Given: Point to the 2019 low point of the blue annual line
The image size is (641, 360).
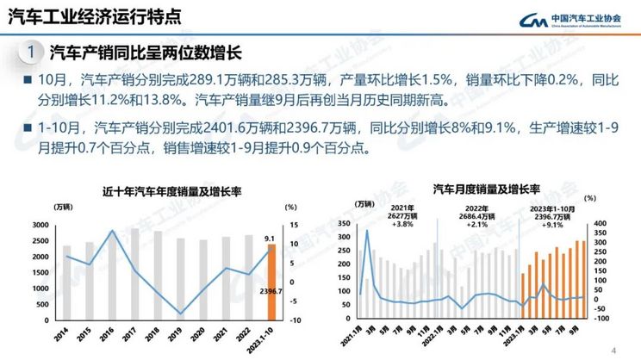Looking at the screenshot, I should [x=179, y=313].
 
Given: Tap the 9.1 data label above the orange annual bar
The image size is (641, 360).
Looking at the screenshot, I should [x=269, y=239].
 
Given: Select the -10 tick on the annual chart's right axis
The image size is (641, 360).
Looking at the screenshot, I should [x=294, y=320].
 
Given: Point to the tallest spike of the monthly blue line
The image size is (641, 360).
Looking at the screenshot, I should [x=367, y=231].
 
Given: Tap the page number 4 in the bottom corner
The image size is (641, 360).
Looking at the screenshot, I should [x=613, y=350].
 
